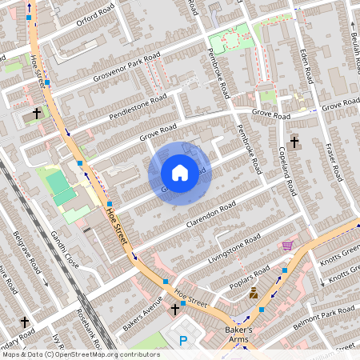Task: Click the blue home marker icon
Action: coord(180,172)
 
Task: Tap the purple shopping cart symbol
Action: coord(287,245)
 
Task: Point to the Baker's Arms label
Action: coord(236,335)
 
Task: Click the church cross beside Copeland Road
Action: coord(294,142)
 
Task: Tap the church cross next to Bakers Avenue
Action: coord(175,308)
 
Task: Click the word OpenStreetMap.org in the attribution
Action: coord(94,354)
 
